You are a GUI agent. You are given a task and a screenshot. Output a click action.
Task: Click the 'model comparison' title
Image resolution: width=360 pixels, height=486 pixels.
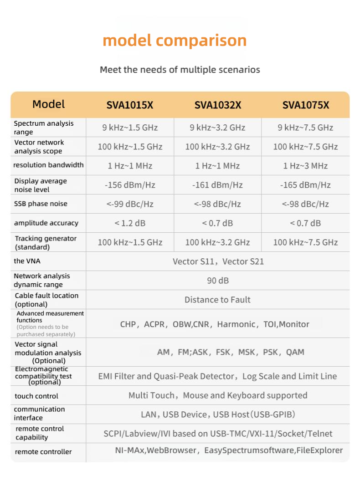[175, 41]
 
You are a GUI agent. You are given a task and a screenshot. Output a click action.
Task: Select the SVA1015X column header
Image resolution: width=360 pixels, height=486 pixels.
[130, 105]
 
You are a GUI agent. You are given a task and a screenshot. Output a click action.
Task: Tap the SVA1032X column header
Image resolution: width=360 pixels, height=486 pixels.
[218, 105]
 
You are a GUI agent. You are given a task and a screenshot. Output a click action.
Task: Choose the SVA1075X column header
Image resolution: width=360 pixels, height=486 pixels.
[305, 105]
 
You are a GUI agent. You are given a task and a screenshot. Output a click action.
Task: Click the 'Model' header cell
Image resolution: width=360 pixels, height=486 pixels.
[48, 104]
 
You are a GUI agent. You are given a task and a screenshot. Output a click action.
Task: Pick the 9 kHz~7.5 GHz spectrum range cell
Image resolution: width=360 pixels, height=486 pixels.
[305, 128]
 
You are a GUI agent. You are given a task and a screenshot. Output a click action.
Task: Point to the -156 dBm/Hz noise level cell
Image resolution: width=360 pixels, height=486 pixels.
[130, 185]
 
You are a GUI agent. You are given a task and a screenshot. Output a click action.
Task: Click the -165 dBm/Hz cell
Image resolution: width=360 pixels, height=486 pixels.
[305, 185]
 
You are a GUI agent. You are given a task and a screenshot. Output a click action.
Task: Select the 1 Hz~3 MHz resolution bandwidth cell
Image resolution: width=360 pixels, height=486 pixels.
[305, 166]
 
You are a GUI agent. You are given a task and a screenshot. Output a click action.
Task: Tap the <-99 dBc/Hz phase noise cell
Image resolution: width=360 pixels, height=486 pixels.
[130, 204]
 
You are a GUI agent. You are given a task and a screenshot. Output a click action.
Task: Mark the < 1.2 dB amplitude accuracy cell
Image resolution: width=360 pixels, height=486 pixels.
[130, 223]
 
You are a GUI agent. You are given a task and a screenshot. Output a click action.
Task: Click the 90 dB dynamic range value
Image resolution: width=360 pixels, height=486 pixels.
[218, 281]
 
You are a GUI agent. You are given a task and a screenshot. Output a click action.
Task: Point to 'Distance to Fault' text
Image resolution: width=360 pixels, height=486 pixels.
[217, 300]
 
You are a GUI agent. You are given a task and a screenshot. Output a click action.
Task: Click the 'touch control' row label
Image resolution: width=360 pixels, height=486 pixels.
[36, 396]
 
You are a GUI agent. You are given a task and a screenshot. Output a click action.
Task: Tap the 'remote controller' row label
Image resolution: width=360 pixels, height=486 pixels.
[43, 452]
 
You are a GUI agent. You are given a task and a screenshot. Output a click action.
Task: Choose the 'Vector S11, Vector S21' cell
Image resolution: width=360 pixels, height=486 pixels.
[218, 261]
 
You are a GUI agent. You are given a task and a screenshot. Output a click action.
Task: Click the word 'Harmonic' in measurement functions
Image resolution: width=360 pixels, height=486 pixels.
[237, 324]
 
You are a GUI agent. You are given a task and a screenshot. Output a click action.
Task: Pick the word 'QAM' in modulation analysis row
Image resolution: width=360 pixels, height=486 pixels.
[295, 352]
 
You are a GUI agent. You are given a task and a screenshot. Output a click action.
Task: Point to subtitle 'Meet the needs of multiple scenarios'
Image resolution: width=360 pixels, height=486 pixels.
[180, 70]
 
